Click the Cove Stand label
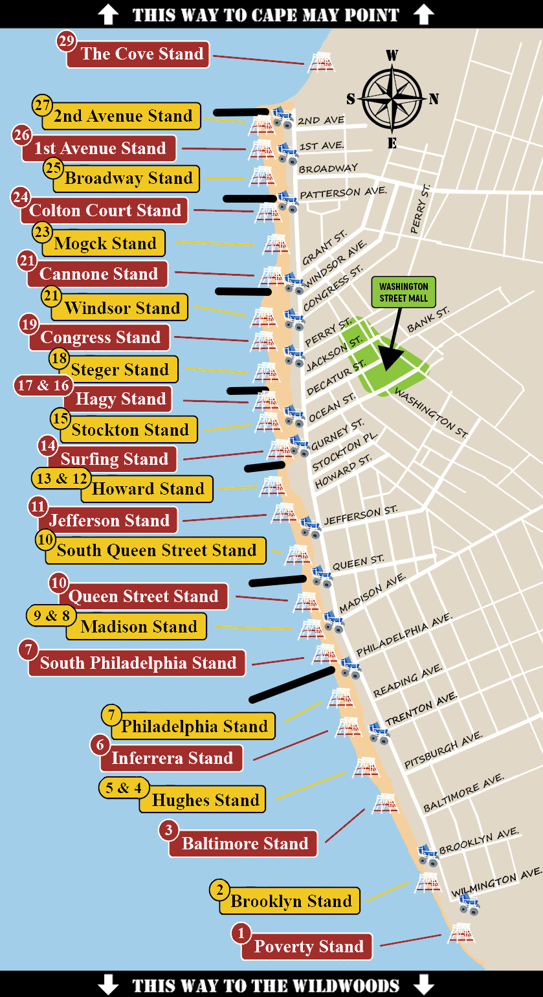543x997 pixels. point(142,54)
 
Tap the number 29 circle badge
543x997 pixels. point(66,41)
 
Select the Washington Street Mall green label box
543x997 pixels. point(403,292)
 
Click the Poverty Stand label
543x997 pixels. point(308,947)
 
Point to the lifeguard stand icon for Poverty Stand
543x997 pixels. point(460,932)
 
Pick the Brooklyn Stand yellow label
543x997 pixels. point(291,901)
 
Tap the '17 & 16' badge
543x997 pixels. point(43,386)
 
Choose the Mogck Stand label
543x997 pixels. point(105,243)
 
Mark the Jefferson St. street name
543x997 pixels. point(360,515)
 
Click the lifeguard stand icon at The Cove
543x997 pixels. point(320,62)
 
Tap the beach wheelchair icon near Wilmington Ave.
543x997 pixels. point(469,904)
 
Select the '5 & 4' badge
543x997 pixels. point(124,788)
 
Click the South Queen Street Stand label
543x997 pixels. point(157,550)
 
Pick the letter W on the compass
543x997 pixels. point(392,56)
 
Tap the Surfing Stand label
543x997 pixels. point(114,459)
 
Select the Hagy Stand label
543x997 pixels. point(121,399)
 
